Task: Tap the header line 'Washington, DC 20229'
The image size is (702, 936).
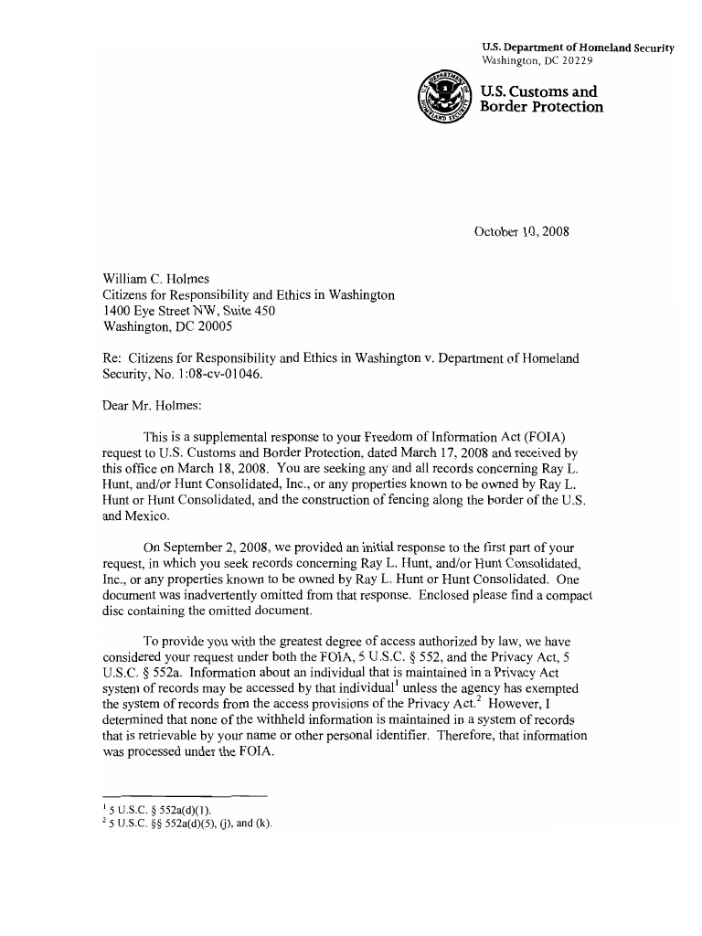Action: pyautogui.click(x=537, y=61)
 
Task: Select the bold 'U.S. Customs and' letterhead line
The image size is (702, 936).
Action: pyautogui.click(x=539, y=91)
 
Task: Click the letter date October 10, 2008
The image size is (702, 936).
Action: pyautogui.click(x=522, y=232)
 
